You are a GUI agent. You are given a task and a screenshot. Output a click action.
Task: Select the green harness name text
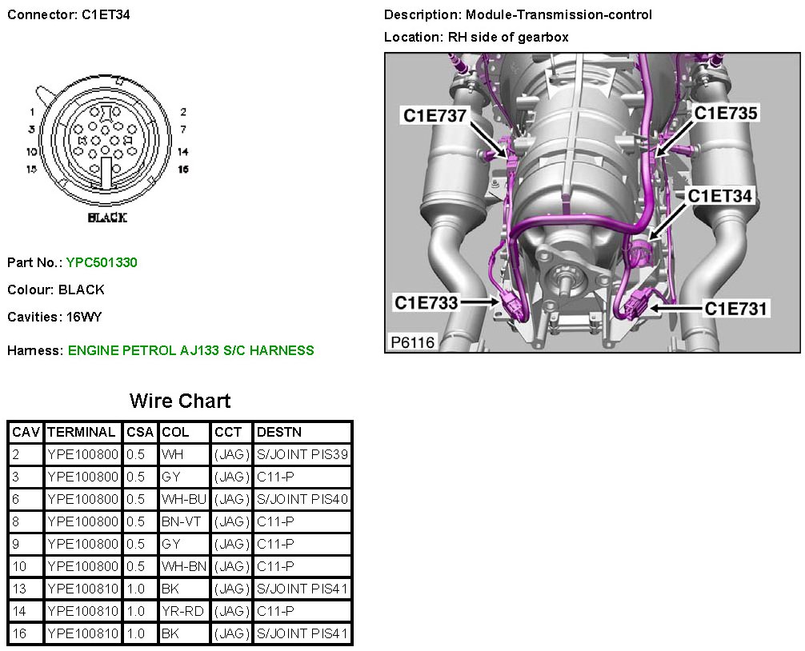pos(191,350)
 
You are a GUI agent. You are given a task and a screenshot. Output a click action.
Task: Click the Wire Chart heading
pos(180,401)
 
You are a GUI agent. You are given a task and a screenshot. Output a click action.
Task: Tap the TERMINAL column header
pos(82,432)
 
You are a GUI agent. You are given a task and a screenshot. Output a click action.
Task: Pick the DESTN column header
pos(279,432)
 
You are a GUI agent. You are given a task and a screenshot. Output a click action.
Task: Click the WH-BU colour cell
pos(184,499)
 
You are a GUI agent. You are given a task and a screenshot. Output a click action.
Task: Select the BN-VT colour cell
pos(183,521)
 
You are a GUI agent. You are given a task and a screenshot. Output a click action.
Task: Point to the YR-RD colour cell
pos(183,611)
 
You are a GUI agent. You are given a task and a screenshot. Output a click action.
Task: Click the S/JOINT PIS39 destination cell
pos(302,454)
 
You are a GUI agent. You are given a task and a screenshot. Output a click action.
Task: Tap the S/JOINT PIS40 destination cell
pos(302,499)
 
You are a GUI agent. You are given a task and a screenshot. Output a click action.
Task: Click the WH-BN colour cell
pos(184,566)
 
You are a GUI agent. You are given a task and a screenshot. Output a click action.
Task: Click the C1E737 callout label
pos(435,116)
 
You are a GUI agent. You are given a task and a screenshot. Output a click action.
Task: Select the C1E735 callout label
pos(725,114)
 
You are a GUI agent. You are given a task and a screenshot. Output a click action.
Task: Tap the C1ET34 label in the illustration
pos(722,196)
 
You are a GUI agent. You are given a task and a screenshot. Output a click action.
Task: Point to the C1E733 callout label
pos(426,302)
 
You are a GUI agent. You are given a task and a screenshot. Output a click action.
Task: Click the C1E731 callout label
pos(736,308)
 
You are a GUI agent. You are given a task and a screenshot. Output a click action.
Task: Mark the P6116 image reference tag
pos(413,342)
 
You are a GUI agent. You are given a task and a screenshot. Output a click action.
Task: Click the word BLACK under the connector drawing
pos(106,218)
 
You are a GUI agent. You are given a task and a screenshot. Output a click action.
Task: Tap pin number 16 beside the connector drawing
pos(183,170)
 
